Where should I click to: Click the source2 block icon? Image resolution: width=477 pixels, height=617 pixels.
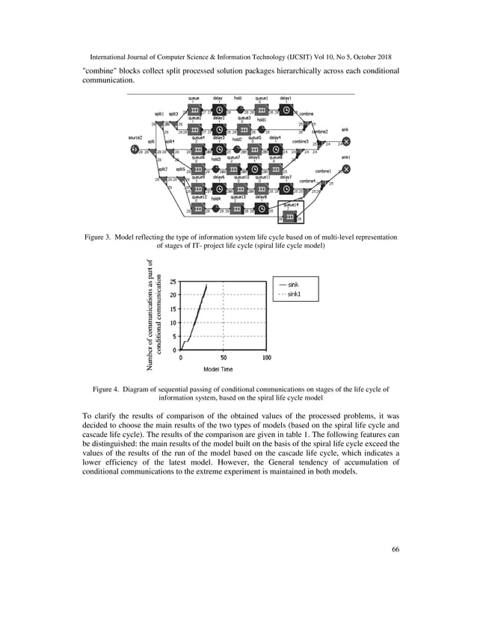[x=134, y=148]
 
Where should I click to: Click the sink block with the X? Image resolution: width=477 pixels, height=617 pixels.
[x=346, y=141]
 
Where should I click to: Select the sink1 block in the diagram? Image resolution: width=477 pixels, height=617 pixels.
[x=346, y=169]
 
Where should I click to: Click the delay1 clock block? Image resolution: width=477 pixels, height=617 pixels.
[x=284, y=111]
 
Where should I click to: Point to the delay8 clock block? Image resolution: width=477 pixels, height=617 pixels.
[x=261, y=208]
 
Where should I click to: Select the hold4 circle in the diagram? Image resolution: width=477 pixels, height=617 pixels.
[x=215, y=208]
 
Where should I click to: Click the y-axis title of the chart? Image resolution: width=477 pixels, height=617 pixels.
[x=156, y=314]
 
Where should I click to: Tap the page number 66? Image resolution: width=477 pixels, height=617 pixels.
[x=395, y=551]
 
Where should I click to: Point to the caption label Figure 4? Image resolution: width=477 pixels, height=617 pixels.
[x=106, y=389]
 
